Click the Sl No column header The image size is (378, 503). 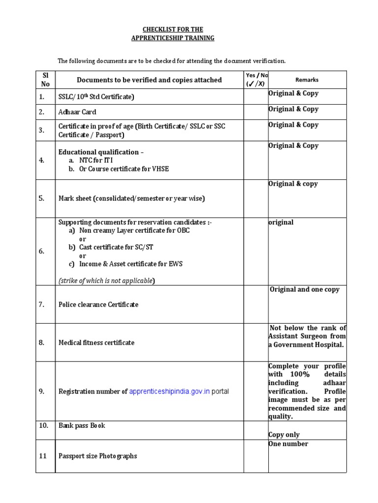(x=45, y=80)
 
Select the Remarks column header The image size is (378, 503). (x=307, y=80)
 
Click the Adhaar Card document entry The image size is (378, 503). (x=77, y=112)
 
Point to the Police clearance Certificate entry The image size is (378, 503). (x=98, y=305)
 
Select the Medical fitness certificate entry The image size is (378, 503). (x=96, y=342)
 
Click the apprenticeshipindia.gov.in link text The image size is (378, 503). (x=169, y=391)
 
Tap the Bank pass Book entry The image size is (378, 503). (x=82, y=425)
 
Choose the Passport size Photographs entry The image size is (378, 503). (x=97, y=456)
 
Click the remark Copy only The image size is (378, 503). (x=284, y=435)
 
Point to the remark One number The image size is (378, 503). (x=288, y=444)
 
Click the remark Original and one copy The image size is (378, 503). (x=305, y=290)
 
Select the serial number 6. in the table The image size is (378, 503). (x=42, y=251)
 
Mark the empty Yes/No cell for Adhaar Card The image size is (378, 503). (x=256, y=112)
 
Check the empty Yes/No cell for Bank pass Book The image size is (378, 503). (x=256, y=430)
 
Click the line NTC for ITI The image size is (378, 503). (x=99, y=161)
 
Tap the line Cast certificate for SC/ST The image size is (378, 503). (x=113, y=247)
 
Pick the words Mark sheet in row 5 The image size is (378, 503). (x=74, y=198)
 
